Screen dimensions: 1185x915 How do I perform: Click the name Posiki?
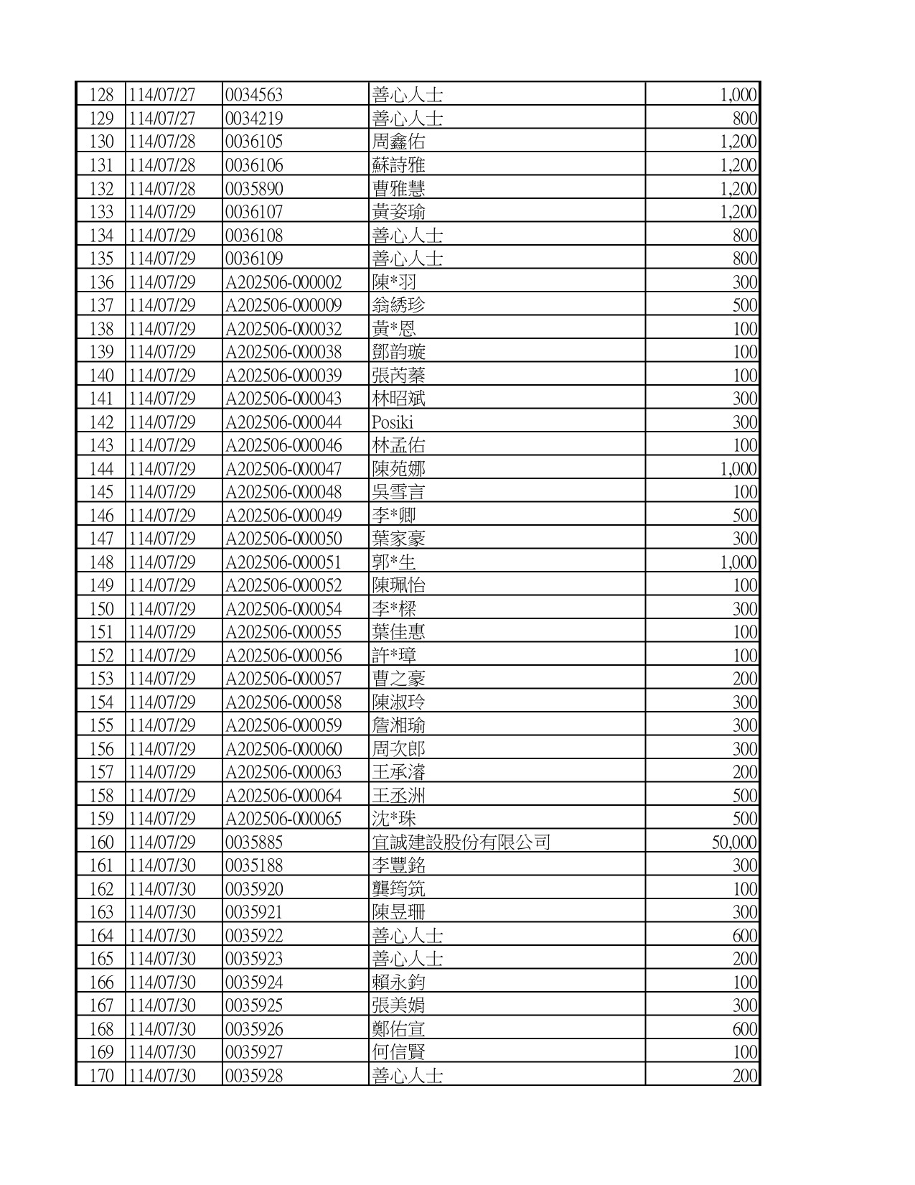[x=393, y=422]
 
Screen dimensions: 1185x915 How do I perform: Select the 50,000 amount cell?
[x=733, y=842]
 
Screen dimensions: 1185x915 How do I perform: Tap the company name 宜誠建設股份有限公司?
[x=461, y=842]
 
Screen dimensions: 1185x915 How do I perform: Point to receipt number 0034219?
[x=254, y=118]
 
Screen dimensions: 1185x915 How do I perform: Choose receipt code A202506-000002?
[x=283, y=282]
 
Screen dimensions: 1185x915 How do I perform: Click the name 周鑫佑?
[x=398, y=142]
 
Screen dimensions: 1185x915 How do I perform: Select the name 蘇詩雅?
[x=398, y=165]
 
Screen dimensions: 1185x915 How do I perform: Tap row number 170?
[x=101, y=1076]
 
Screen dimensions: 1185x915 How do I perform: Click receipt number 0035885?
[x=254, y=842]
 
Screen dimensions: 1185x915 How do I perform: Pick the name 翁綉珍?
[x=398, y=305]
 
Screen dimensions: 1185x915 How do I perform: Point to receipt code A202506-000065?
[x=283, y=819]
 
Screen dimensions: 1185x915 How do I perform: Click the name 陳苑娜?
[x=398, y=469]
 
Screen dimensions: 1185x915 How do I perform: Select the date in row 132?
[x=162, y=189]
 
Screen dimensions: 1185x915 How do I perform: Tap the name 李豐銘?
[x=398, y=865]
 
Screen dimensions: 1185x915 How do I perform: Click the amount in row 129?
[x=745, y=118]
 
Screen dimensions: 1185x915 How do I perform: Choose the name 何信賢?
[x=398, y=1052]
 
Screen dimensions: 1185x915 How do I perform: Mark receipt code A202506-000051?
[x=283, y=562]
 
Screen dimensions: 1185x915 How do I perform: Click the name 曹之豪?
[x=398, y=679]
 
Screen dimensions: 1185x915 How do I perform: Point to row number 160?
[x=101, y=842]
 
